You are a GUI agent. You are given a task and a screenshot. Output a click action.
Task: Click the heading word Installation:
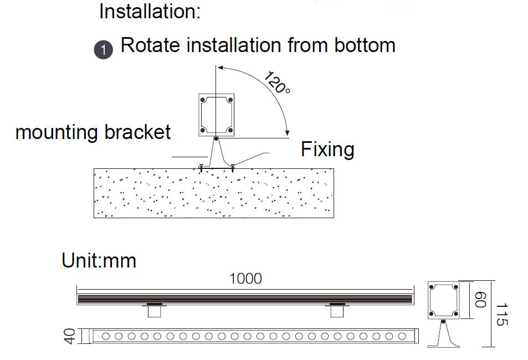(x=150, y=11)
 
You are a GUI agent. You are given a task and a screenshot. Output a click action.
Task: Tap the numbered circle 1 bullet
(x=104, y=50)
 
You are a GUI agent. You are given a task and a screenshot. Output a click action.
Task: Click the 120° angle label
(x=277, y=83)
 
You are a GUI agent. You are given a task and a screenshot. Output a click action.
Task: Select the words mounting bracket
(x=93, y=132)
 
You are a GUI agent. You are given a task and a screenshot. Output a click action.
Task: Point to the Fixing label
(x=327, y=149)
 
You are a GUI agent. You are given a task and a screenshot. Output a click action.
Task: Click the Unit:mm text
(x=99, y=260)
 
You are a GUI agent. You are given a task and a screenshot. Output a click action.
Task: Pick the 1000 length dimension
(x=245, y=279)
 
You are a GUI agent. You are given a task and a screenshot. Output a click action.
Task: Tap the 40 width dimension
(x=70, y=336)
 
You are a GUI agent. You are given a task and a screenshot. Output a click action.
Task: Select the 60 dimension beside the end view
(x=480, y=300)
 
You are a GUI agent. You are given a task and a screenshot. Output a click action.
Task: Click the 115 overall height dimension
(x=502, y=314)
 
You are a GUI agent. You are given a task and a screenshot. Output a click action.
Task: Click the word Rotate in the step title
(x=151, y=45)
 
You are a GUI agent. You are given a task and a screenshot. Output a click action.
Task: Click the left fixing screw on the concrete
(x=201, y=168)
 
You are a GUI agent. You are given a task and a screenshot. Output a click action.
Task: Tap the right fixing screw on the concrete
(x=232, y=168)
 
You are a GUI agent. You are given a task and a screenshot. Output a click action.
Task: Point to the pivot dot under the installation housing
(x=216, y=138)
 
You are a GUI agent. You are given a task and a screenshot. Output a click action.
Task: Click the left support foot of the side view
(x=155, y=310)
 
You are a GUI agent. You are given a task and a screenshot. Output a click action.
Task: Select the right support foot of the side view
(x=337, y=310)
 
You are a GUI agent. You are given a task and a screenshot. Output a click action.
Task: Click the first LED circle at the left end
(x=106, y=336)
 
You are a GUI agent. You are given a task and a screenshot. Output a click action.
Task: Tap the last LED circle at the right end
(x=402, y=336)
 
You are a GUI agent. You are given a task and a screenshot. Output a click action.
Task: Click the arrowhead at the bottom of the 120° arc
(x=287, y=133)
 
